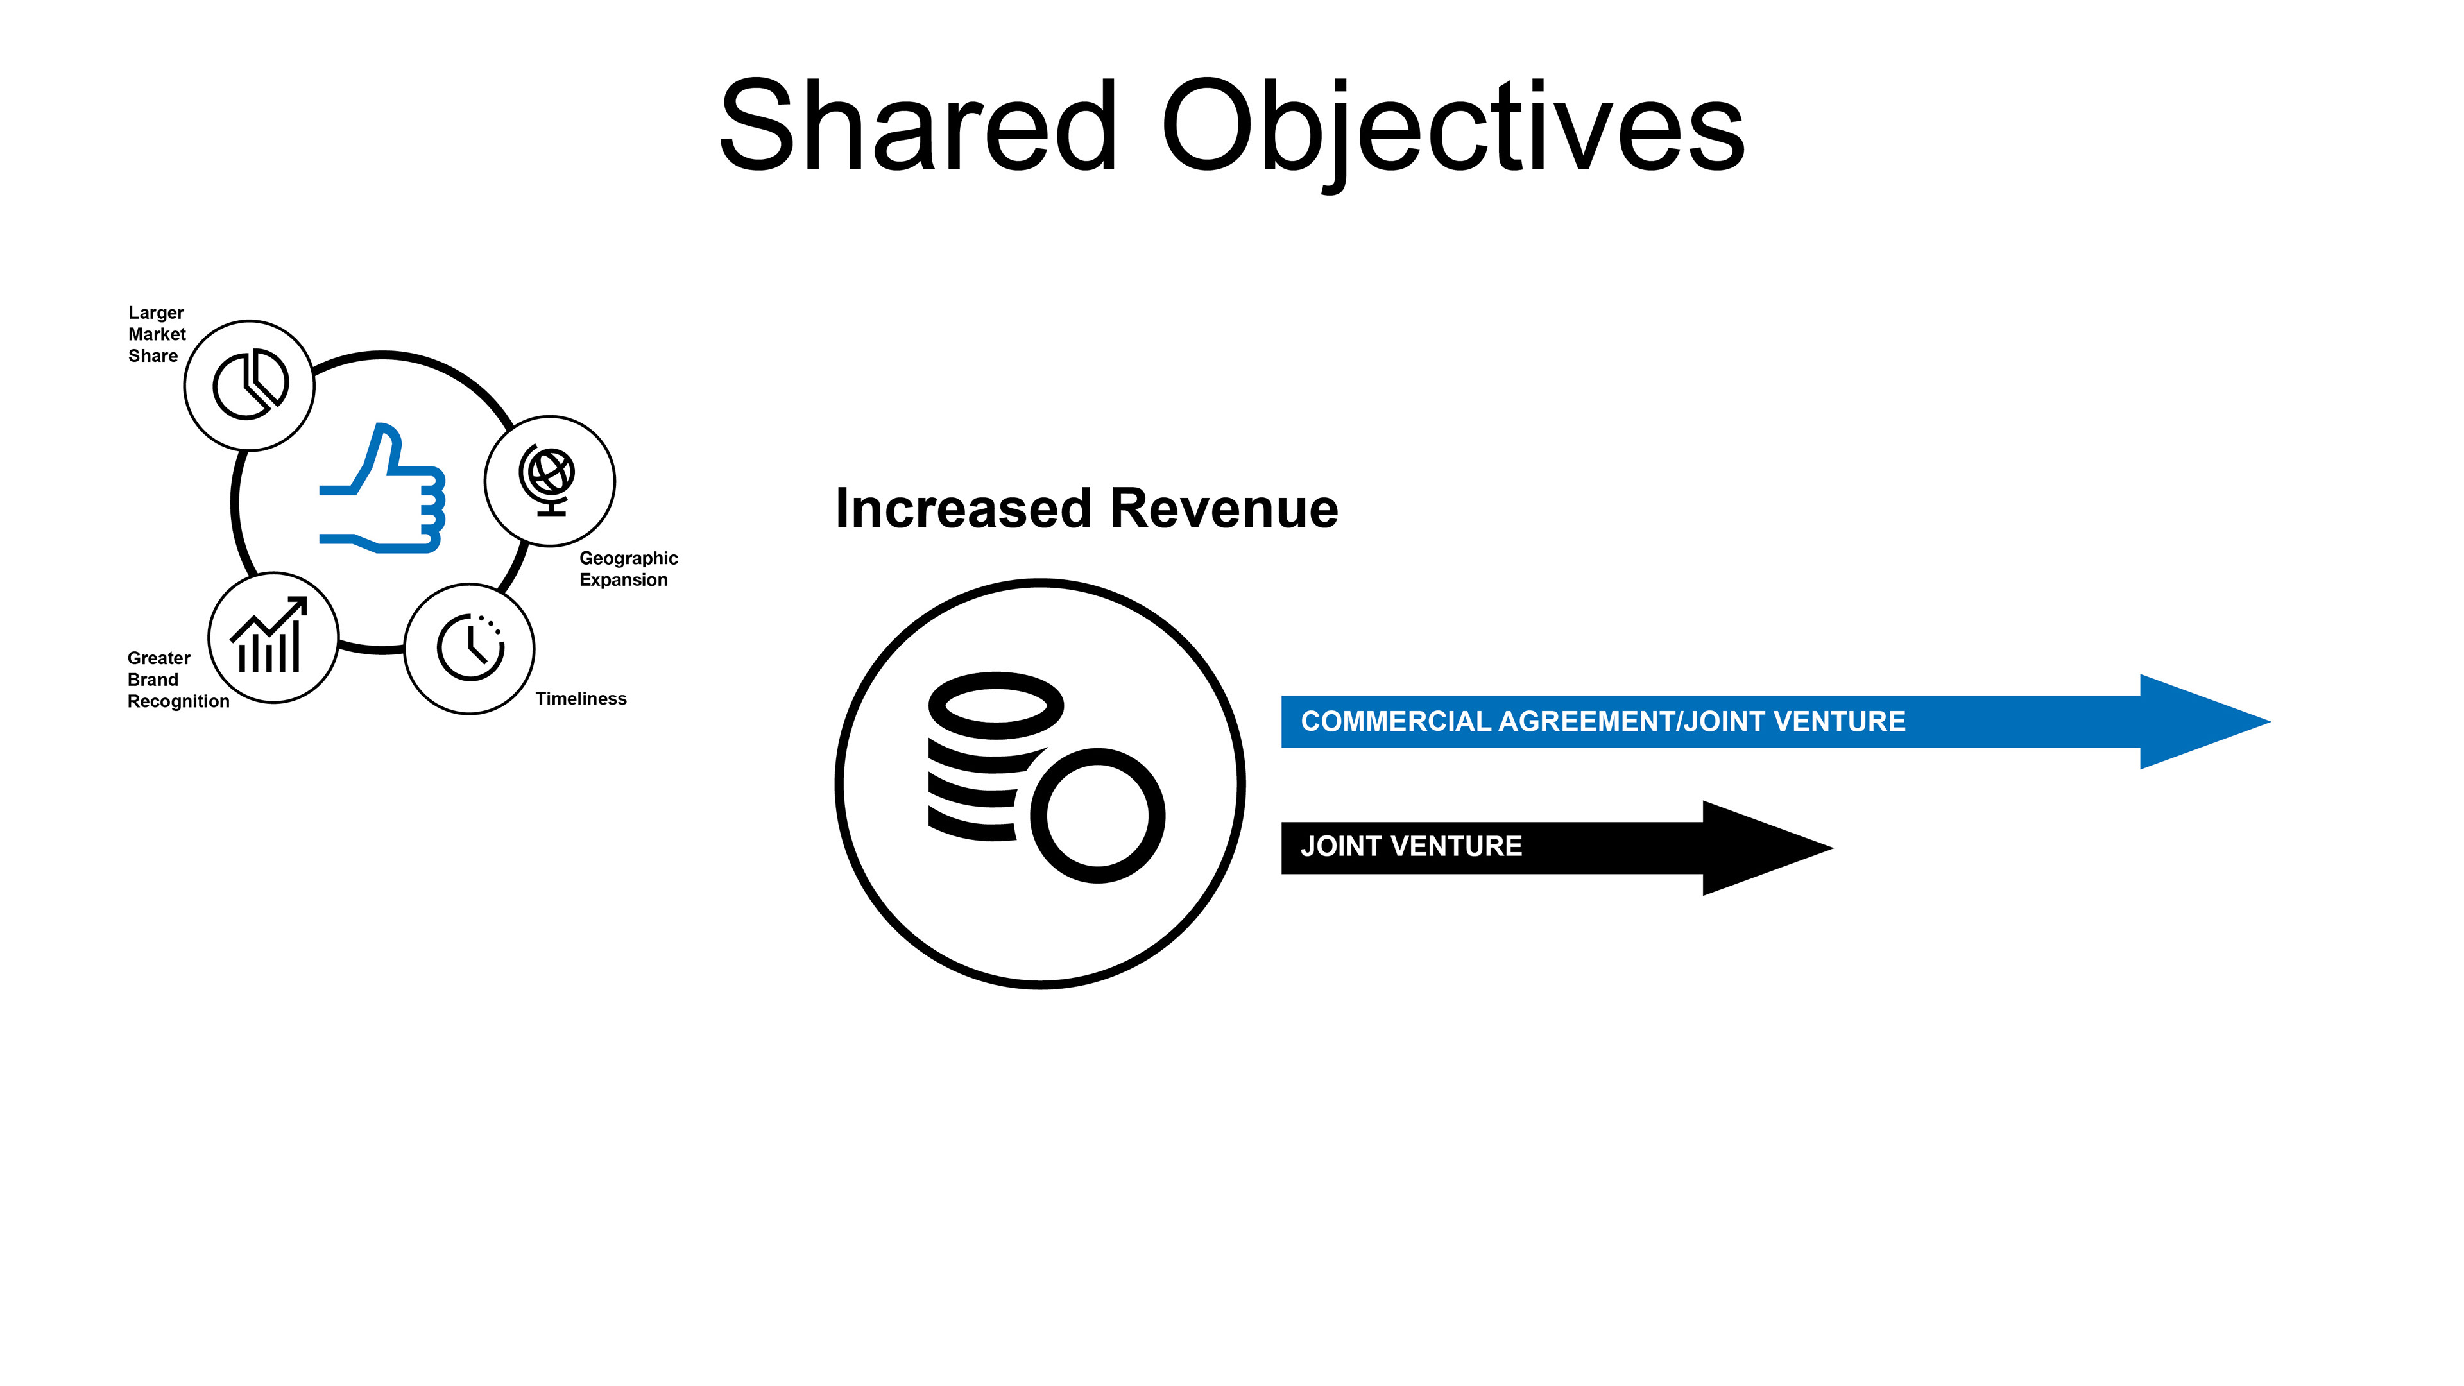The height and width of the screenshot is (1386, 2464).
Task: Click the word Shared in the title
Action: point(918,127)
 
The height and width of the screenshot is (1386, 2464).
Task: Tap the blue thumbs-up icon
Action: point(382,490)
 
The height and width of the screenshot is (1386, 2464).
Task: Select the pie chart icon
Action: point(250,384)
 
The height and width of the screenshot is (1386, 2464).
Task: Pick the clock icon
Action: point(470,647)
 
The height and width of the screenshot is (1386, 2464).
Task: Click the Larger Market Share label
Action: point(156,334)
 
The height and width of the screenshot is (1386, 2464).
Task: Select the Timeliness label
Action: point(581,698)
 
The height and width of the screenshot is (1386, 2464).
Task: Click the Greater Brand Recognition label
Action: point(177,679)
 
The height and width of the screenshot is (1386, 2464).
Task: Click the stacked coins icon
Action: point(995,756)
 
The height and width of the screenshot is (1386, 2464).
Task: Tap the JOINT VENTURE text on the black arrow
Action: point(1411,846)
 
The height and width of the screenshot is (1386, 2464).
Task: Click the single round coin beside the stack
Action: point(1097,815)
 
